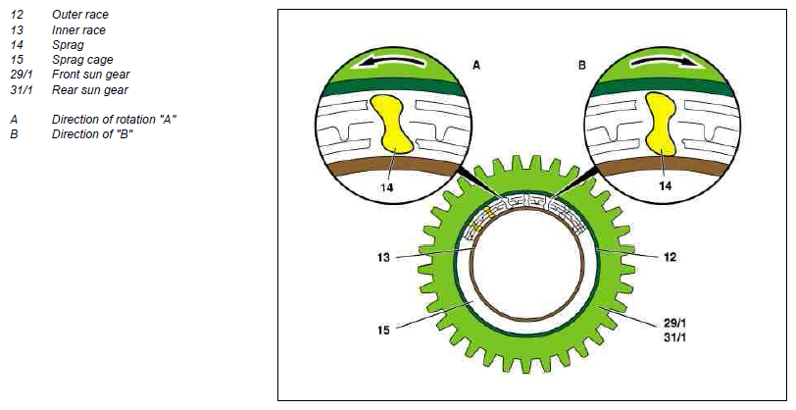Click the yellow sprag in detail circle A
tap(390, 125)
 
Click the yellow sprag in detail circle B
tap(662, 124)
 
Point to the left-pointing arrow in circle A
tap(391, 62)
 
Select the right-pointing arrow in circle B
tap(662, 61)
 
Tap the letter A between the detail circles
tap(476, 65)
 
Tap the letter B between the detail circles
tap(581, 65)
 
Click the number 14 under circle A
tap(387, 187)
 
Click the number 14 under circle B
tap(665, 186)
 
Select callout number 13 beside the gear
tap(383, 258)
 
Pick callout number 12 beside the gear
tap(671, 257)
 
